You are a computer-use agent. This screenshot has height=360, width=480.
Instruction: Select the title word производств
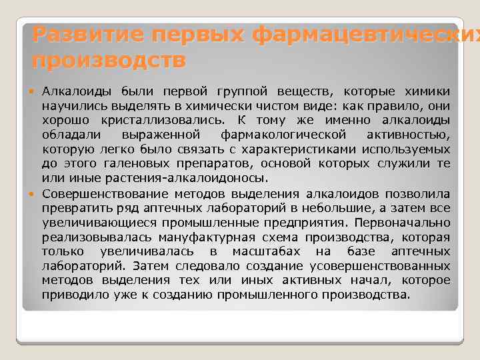(109, 61)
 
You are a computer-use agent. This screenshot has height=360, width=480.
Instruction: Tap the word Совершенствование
(105, 194)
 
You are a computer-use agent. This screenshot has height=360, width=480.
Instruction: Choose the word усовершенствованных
(383, 266)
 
